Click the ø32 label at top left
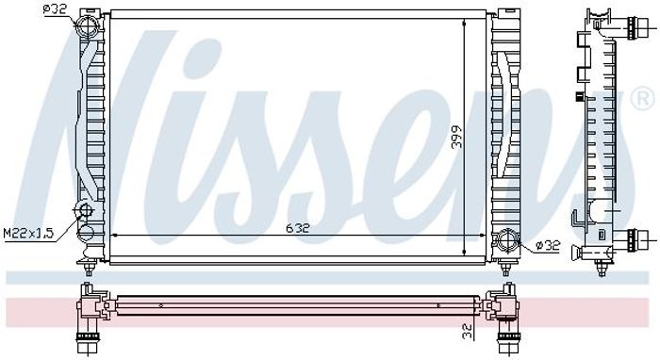55,8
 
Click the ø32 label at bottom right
548,245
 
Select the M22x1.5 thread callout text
29,234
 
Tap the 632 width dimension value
298,228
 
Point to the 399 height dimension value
456,137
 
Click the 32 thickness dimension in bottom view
468,332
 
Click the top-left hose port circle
88,26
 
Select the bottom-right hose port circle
507,240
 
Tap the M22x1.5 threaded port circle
84,210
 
